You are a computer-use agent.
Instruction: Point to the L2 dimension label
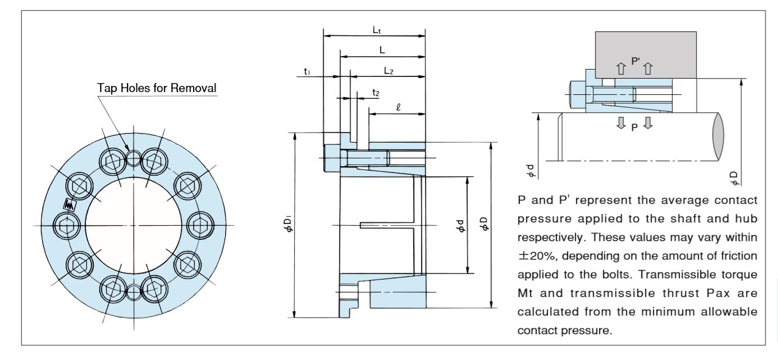[389, 71]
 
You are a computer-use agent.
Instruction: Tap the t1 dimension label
[308, 71]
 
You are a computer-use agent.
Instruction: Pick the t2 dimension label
[376, 92]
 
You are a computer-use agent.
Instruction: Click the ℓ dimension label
[397, 106]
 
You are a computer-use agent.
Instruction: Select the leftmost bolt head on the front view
[67, 225]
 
